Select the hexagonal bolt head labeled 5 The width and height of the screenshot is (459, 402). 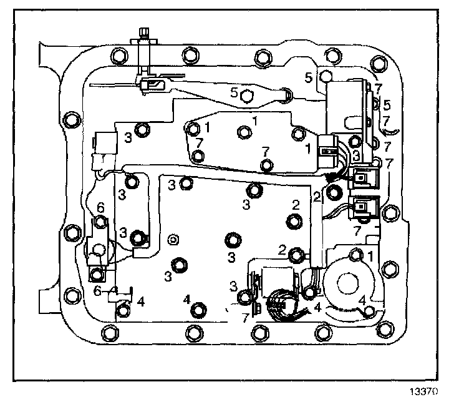point(247,96)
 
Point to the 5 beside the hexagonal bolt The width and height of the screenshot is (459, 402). point(234,92)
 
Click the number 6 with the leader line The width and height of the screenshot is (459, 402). point(97,290)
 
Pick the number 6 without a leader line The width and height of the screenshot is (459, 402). point(99,207)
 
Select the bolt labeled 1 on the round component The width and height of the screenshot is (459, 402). point(356,254)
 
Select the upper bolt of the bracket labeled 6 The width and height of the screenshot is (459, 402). point(99,220)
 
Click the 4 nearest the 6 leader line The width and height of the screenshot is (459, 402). point(141,301)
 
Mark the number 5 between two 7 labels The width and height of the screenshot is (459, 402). point(387,104)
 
